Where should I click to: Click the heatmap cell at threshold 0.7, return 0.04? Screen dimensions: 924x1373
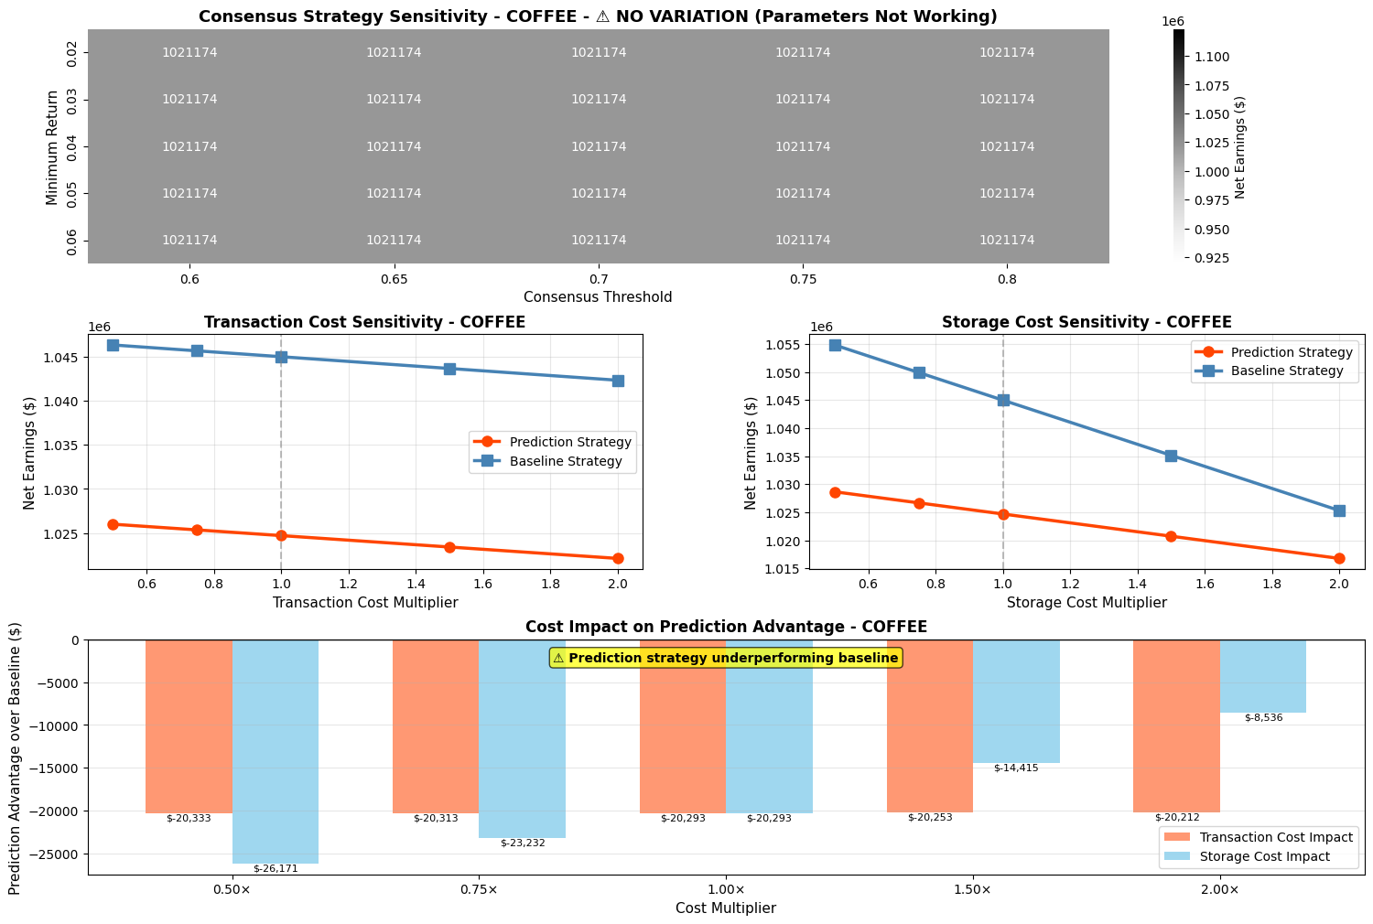tap(599, 146)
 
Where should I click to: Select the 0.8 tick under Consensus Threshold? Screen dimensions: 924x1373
tap(1007, 277)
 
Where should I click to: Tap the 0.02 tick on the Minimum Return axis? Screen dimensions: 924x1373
tap(73, 53)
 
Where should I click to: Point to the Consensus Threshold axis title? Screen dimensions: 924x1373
tap(598, 297)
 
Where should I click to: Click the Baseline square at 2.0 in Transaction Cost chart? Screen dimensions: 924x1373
tap(618, 381)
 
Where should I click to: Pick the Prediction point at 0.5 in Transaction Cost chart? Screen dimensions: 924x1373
tap(113, 524)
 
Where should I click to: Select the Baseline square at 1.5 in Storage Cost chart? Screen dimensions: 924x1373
tap(1171, 456)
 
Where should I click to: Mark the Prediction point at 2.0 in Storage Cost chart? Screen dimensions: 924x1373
tap(1339, 558)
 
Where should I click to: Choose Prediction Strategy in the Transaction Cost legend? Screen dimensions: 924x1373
tap(570, 442)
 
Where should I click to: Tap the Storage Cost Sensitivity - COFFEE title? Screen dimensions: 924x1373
tap(1087, 322)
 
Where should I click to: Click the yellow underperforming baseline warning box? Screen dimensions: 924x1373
tap(726, 658)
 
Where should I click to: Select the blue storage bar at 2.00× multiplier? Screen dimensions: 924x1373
tap(1263, 676)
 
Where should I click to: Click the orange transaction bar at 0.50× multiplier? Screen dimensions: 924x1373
tap(189, 726)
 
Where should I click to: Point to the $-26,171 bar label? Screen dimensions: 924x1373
tap(276, 869)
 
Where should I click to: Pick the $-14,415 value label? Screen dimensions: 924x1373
tap(1016, 768)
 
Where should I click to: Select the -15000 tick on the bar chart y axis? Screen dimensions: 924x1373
tap(58, 768)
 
